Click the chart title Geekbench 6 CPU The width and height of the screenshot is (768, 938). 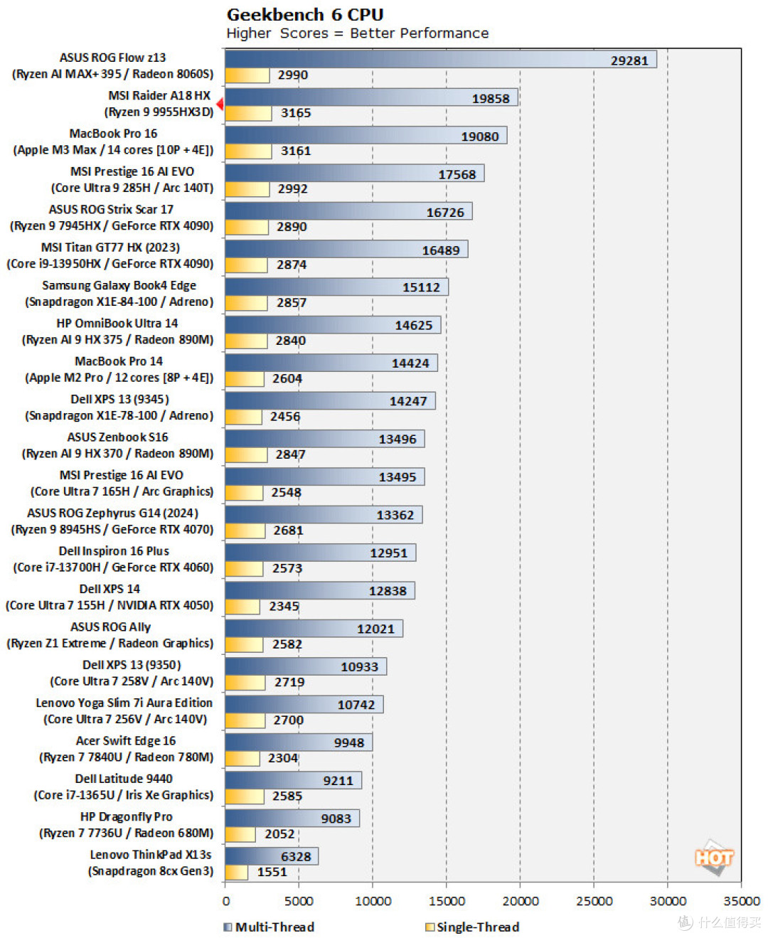[305, 14]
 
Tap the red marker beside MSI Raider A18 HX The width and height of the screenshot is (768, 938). [220, 105]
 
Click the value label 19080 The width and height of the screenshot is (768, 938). [480, 137]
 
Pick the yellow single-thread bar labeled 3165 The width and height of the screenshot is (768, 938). [248, 113]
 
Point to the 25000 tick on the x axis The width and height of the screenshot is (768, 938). [594, 901]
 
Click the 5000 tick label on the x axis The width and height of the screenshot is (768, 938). [299, 901]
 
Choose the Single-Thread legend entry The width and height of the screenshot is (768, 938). [472, 927]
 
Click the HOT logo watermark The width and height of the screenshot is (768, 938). [713, 858]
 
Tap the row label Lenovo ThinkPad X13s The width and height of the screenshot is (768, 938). [150, 855]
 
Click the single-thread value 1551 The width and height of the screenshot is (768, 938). [272, 872]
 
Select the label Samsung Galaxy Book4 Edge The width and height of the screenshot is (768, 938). [119, 285]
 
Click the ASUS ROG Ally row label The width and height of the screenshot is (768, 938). [110, 627]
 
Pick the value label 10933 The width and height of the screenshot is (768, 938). [359, 667]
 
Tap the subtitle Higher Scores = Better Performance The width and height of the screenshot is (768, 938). [357, 33]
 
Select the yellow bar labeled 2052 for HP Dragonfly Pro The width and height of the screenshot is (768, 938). [240, 834]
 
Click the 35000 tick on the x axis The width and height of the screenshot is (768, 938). [741, 901]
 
